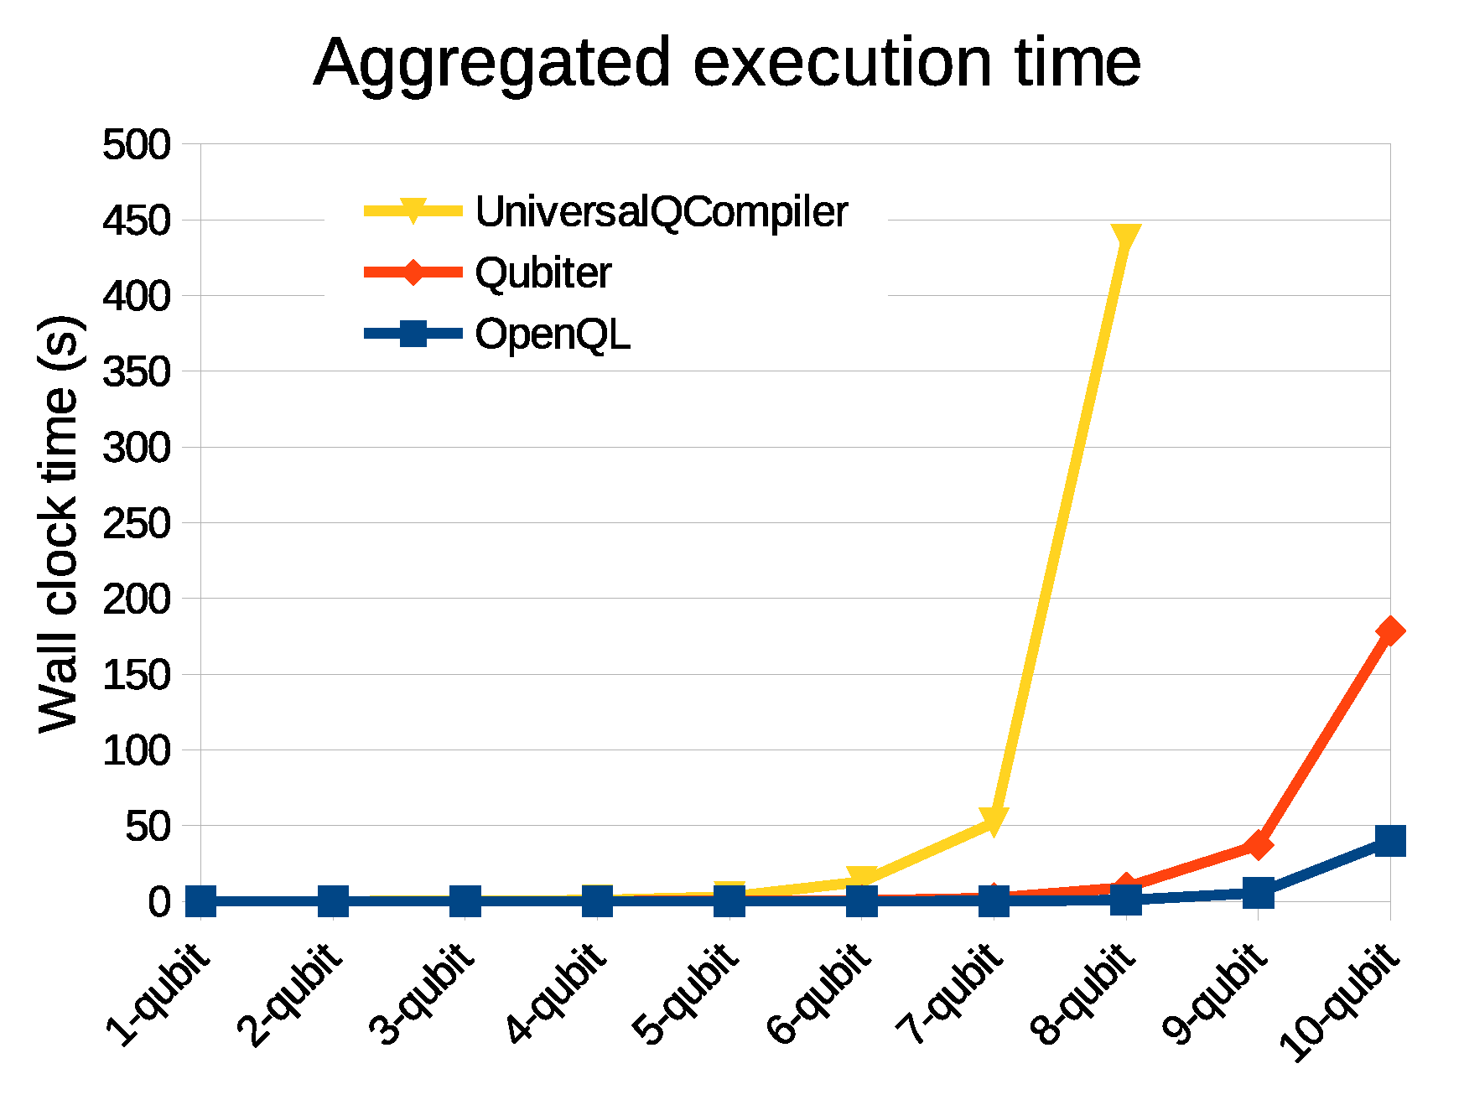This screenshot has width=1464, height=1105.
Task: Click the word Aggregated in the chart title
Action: tap(493, 64)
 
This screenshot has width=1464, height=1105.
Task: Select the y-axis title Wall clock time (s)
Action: tap(59, 523)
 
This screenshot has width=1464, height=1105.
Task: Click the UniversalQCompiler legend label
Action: tap(661, 211)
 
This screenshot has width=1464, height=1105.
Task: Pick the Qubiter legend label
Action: tap(543, 273)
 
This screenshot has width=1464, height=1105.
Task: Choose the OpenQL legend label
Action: tap(552, 335)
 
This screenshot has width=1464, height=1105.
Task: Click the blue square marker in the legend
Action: tap(413, 334)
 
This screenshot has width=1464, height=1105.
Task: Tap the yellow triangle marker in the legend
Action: tap(413, 210)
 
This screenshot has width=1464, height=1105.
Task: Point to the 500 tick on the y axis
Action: tap(136, 145)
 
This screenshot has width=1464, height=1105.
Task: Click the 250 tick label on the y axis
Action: tap(136, 524)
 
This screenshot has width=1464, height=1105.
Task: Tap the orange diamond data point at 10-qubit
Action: tap(1389, 630)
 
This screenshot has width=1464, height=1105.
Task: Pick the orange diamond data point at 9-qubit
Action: tap(1257, 845)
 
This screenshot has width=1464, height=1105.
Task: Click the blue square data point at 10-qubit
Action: tap(1389, 840)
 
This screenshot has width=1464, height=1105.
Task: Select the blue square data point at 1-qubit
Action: tap(200, 901)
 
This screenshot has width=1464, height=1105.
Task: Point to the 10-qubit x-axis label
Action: tap(1339, 1002)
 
